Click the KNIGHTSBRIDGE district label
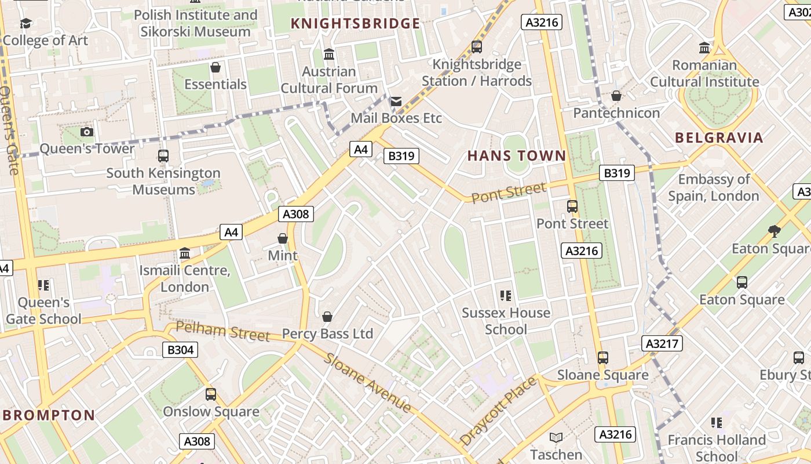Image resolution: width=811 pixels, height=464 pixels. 355,24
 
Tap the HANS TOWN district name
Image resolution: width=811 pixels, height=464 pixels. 516,155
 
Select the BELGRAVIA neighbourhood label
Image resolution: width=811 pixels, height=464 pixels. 719,138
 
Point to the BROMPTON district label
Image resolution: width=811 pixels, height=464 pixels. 49,415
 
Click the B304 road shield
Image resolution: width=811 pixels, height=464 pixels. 180,350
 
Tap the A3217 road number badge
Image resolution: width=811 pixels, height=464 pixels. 662,343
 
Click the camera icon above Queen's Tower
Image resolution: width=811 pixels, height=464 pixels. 87,132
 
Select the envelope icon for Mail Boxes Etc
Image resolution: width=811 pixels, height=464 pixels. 396,102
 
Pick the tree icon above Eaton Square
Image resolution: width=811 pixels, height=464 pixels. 774,231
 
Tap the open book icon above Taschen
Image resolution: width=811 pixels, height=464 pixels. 556,438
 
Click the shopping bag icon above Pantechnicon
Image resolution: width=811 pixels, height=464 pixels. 616,96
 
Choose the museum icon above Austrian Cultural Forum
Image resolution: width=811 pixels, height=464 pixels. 329,55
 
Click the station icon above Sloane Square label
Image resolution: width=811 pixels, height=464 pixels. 603,358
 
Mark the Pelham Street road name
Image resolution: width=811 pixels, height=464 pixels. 223,331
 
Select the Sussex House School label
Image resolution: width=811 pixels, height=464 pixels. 506,321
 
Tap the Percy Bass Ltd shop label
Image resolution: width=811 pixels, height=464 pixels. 327,333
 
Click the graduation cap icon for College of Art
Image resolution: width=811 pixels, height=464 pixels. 26,23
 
